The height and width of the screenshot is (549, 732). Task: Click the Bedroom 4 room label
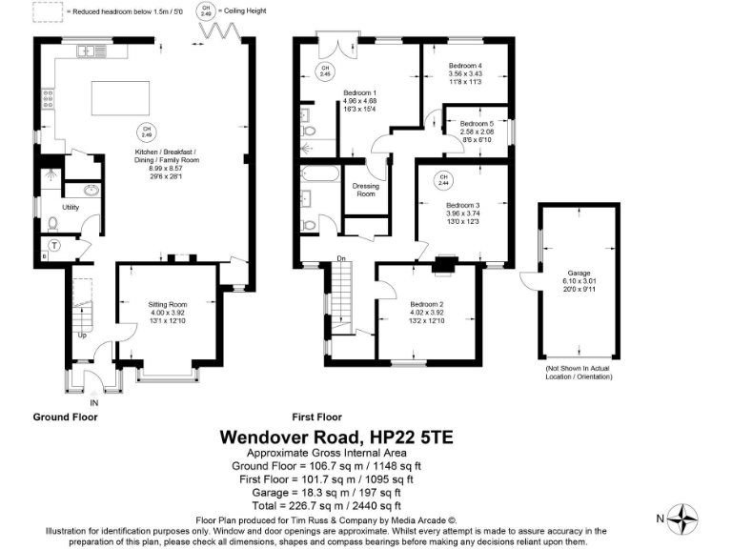tap(466, 66)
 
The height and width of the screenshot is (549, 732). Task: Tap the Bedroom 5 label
tap(476, 124)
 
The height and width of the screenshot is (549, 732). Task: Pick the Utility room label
tap(71, 207)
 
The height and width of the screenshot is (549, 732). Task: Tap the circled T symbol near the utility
tap(54, 245)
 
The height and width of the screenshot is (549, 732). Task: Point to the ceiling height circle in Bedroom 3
tap(443, 179)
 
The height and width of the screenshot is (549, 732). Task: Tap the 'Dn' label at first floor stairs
tap(340, 258)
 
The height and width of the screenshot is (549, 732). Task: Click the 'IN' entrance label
tap(93, 403)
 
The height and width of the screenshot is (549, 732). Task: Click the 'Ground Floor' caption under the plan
tap(66, 417)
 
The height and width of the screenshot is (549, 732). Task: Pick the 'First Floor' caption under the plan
tap(317, 417)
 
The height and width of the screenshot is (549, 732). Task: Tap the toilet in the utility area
tap(52, 223)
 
